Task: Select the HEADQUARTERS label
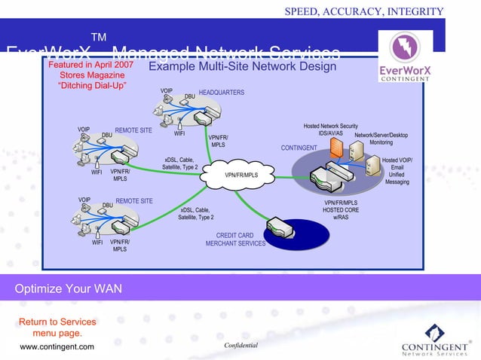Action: point(221,92)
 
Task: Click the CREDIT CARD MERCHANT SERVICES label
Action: point(235,239)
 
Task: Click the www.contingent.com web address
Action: point(57,346)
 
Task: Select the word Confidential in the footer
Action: point(241,345)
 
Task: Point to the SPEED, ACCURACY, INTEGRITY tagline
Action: point(363,10)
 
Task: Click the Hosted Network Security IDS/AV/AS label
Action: point(330,130)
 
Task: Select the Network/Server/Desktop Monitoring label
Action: point(381,139)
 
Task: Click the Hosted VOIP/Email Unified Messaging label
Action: point(397,171)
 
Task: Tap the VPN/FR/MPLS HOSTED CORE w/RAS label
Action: point(341,210)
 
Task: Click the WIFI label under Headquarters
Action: point(180,134)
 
